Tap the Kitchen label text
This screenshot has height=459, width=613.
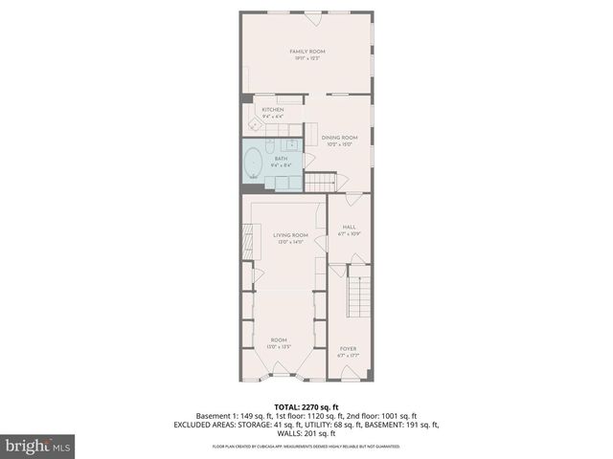(x=273, y=110)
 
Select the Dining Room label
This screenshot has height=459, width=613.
(x=339, y=138)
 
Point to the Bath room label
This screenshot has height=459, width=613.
(x=281, y=159)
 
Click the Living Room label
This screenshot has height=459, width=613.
(x=290, y=235)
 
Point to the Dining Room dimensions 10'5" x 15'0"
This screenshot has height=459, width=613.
(x=339, y=144)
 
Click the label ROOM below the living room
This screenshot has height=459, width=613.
(x=279, y=339)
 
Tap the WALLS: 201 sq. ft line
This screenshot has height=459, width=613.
(x=306, y=432)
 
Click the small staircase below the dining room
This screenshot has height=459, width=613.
(x=323, y=181)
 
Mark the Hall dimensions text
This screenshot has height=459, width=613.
(x=348, y=233)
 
